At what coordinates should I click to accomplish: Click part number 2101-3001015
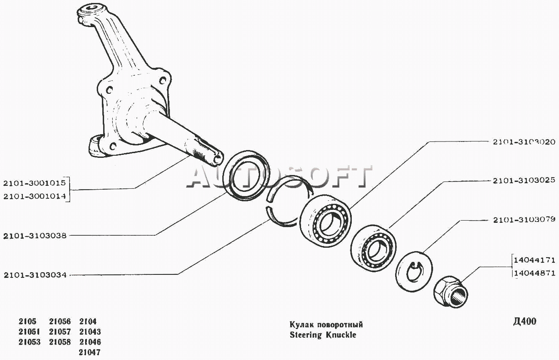click(x=34, y=183)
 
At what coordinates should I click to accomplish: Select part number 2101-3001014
click(x=34, y=197)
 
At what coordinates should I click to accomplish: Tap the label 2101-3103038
click(x=35, y=236)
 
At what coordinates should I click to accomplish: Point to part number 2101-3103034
click(x=35, y=275)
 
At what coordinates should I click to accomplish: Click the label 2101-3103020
click(x=524, y=142)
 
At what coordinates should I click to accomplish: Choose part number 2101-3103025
click(x=524, y=181)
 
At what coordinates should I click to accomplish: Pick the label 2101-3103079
click(x=524, y=219)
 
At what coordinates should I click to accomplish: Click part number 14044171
click(x=534, y=260)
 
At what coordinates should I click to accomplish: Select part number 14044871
click(x=534, y=273)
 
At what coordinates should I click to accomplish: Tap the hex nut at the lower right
click(x=451, y=292)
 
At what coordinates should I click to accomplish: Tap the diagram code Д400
click(x=525, y=321)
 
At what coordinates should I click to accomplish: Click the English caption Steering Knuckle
click(x=323, y=335)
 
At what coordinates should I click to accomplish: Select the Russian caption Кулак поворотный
click(x=326, y=325)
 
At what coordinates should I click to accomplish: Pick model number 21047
click(x=89, y=352)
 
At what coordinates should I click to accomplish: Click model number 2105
click(x=28, y=321)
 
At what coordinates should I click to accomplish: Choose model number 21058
click(x=60, y=342)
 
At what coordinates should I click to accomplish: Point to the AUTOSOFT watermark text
click(x=279, y=177)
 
